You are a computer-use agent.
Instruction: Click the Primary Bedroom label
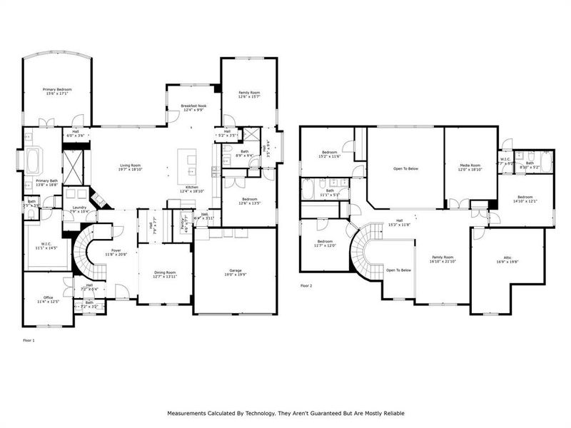(x=59, y=89)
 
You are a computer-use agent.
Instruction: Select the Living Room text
(x=129, y=165)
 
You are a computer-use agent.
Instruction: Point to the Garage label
(x=236, y=270)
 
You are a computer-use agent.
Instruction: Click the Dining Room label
(x=165, y=272)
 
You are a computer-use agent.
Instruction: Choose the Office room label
(x=48, y=298)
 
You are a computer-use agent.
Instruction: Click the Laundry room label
(x=79, y=208)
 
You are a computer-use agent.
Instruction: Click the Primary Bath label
(x=48, y=181)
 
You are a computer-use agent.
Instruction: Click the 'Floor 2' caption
(x=306, y=285)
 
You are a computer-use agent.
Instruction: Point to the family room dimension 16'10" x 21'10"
(x=443, y=261)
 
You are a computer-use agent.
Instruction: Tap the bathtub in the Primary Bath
(x=34, y=162)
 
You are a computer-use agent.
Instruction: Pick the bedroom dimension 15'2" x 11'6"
(x=329, y=156)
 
